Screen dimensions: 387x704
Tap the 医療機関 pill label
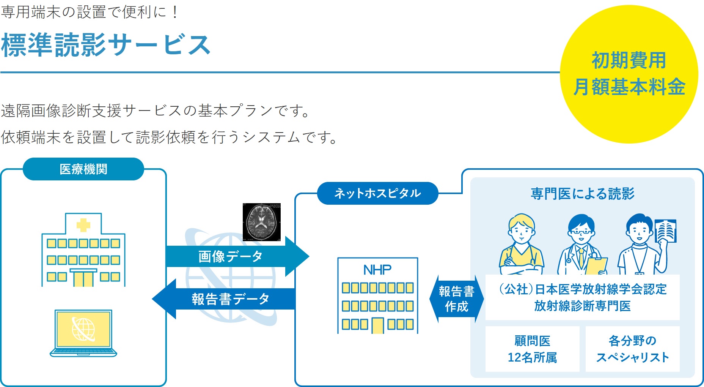click(83, 169)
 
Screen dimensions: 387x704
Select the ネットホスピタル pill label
click(377, 193)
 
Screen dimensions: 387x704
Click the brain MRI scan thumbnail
click(262, 222)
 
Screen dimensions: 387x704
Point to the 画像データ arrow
click(231, 256)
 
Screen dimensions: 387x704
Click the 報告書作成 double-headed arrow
click(457, 299)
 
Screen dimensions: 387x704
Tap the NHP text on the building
click(377, 270)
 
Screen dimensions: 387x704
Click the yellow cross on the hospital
click(83, 225)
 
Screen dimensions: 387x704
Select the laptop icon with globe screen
click(83, 332)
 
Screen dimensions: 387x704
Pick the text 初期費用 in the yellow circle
click(629, 61)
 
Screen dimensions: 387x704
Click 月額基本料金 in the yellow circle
click(629, 87)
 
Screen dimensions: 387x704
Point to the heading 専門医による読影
click(582, 194)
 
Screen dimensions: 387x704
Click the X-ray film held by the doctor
click(666, 231)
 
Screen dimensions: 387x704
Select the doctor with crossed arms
click(522, 245)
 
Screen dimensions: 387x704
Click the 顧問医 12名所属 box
click(532, 349)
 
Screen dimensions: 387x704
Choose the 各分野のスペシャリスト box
click(632, 349)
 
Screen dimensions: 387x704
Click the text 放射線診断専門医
click(582, 306)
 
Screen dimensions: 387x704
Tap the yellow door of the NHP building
click(378, 325)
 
